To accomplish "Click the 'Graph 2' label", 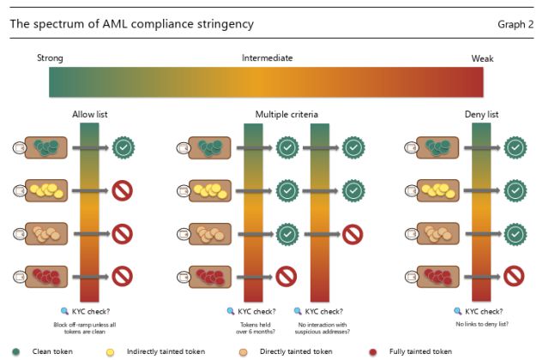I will [515, 24].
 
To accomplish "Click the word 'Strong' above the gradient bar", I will [50, 58].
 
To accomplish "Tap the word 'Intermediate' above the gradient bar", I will [267, 58].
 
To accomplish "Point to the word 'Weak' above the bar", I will [482, 58].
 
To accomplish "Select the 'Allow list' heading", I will [90, 114].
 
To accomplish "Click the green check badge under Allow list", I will [122, 147].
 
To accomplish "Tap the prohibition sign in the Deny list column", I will [514, 276].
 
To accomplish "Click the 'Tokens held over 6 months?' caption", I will [252, 328].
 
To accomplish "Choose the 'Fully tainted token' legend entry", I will [417, 351].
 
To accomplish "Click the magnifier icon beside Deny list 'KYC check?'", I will [457, 312].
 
